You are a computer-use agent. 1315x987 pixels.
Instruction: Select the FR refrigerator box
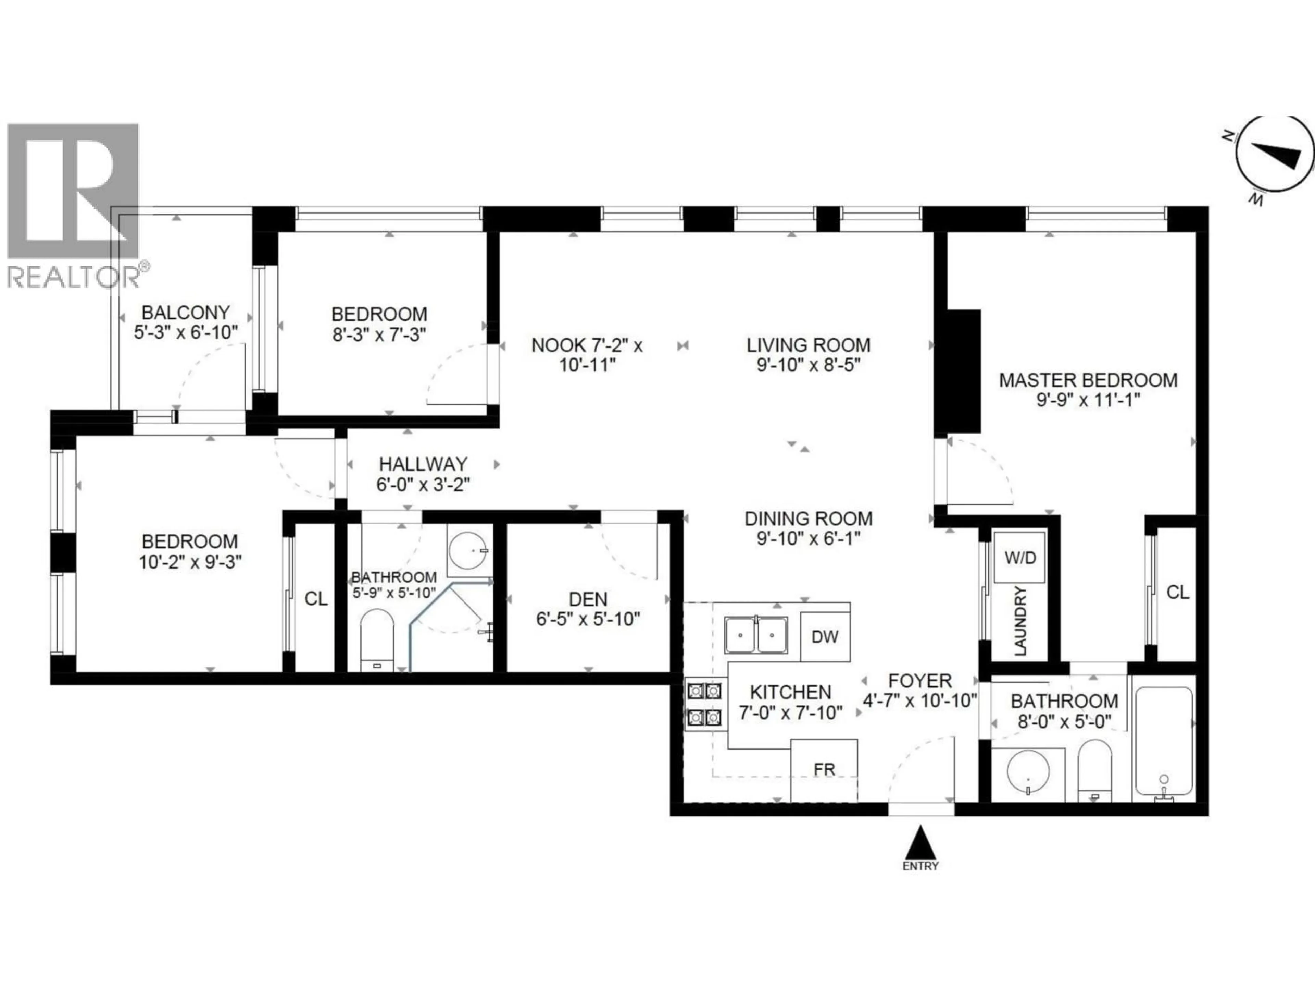[x=824, y=770]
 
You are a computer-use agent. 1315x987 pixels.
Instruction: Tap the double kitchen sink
[x=756, y=635]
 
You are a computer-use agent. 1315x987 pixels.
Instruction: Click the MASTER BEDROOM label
[x=1088, y=380]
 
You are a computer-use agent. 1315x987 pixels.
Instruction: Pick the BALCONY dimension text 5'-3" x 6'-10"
[x=186, y=332]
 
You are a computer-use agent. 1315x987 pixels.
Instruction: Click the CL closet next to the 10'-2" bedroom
[x=316, y=598]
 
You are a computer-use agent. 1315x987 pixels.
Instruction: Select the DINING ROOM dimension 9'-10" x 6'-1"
[x=809, y=539]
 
